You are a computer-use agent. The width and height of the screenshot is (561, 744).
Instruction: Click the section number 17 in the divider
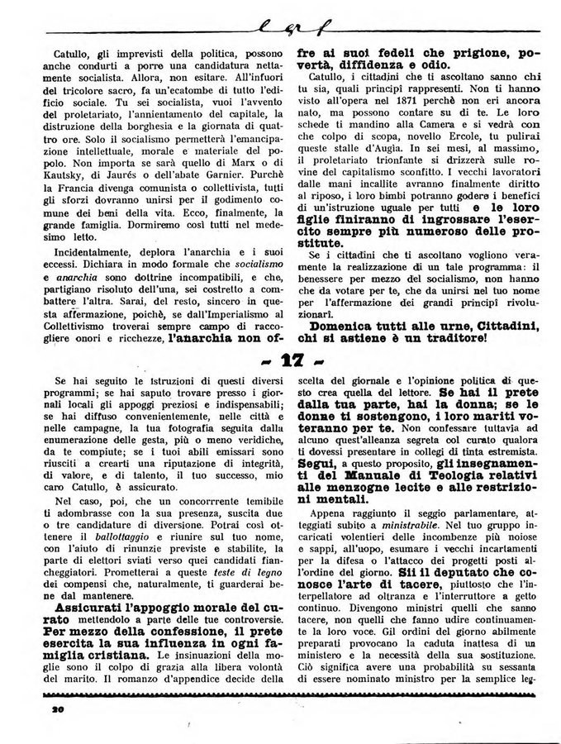click(x=280, y=363)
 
